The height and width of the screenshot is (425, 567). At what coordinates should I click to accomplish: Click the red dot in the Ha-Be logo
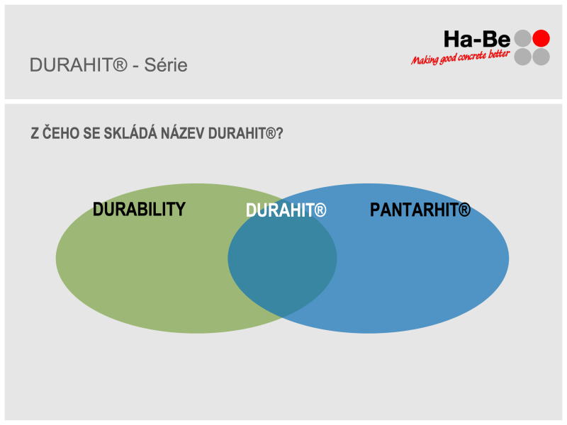541,38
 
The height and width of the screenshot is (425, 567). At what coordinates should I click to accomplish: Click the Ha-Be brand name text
477,39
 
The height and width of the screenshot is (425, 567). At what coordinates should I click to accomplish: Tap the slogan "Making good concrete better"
460,58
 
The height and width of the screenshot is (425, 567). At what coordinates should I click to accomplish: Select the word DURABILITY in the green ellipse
139,209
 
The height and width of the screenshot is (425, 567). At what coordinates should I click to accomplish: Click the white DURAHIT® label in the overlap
286,210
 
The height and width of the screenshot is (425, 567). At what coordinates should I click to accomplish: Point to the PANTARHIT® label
420,210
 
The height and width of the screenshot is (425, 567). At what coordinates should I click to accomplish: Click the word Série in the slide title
166,65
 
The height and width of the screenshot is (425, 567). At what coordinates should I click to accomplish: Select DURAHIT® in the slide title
79,65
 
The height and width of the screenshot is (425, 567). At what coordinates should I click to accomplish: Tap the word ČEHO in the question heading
61,133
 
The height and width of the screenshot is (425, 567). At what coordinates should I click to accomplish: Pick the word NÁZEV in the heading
183,133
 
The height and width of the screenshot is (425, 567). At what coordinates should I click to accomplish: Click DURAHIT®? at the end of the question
245,133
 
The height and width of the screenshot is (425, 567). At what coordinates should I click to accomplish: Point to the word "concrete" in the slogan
472,57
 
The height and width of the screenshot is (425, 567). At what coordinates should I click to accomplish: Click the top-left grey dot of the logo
523,38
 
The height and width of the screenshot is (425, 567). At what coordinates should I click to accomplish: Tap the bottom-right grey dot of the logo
541,57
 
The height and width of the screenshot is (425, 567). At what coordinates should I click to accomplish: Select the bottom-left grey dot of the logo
523,57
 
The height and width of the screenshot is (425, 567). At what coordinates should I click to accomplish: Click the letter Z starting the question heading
35,133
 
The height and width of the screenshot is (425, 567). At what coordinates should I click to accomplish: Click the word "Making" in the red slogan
425,60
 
